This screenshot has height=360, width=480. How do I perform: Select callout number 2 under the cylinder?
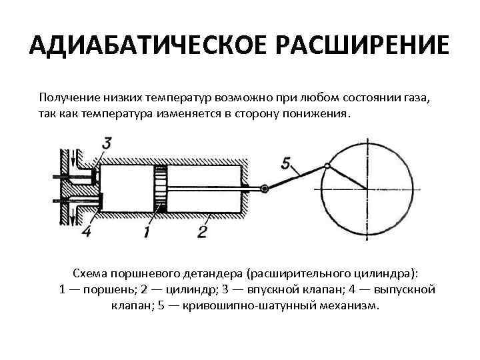[x=201, y=231]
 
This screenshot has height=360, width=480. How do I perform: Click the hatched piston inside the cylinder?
[x=159, y=188]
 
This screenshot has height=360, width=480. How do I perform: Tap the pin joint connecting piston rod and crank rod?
[x=265, y=189]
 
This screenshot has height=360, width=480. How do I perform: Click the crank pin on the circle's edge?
[x=327, y=165]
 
